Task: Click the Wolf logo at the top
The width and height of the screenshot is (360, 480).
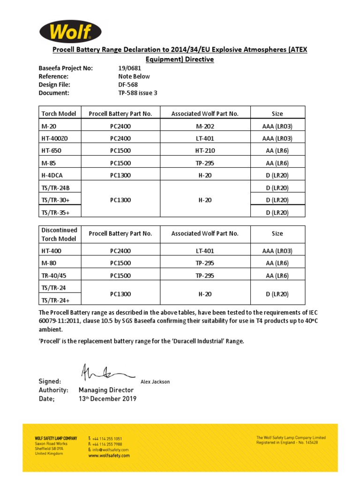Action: (70, 32)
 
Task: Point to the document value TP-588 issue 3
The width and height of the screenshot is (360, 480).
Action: (138, 93)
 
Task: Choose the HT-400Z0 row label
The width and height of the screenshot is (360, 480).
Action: (55, 138)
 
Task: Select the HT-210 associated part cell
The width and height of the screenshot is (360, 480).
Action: (205, 150)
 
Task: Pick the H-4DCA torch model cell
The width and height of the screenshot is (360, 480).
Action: (52, 175)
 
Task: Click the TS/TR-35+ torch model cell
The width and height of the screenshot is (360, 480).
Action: (55, 212)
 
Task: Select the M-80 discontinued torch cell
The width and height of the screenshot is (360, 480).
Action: (49, 263)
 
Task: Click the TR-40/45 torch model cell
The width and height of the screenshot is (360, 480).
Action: (54, 276)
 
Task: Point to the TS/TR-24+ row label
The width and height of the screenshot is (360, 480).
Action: (55, 300)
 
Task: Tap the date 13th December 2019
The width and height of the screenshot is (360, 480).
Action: (107, 398)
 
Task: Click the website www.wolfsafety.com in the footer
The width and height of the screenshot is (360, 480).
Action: (109, 456)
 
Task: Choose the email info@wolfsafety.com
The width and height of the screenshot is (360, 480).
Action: (111, 450)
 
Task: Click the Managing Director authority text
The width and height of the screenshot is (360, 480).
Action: (106, 390)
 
